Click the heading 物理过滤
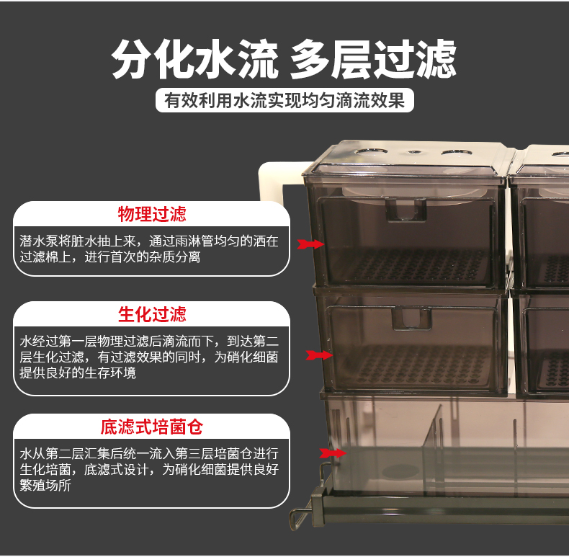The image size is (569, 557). coord(152,214)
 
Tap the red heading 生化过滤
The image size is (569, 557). coord(152,315)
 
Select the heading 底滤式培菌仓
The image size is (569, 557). coord(152,427)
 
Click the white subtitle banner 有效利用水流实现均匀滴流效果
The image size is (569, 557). coord(284,99)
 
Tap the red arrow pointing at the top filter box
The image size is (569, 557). coord(312,245)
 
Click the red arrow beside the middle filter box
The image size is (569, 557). coord(317,355)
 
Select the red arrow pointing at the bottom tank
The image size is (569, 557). coord(331,453)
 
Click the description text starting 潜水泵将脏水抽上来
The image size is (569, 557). coord(148,248)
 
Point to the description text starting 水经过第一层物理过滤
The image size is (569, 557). coord(150,357)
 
